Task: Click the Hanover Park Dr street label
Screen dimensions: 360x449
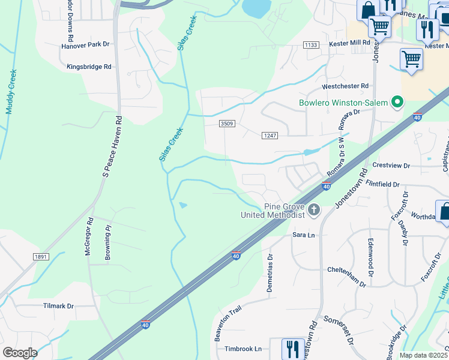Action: pyautogui.click(x=85, y=45)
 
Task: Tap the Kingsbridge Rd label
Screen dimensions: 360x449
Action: pyautogui.click(x=89, y=67)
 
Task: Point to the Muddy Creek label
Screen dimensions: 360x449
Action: pyautogui.click(x=11, y=92)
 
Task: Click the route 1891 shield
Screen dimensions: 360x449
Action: pyautogui.click(x=41, y=257)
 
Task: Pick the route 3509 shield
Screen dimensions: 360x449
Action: pyautogui.click(x=226, y=124)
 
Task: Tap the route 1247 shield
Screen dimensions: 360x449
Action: pyautogui.click(x=270, y=136)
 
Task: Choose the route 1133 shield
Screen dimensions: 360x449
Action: pyautogui.click(x=310, y=45)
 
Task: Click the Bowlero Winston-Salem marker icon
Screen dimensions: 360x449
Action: pyautogui.click(x=396, y=103)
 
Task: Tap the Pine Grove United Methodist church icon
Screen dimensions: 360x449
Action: pyautogui.click(x=315, y=211)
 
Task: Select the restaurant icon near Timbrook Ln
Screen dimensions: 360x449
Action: pyautogui.click(x=292, y=347)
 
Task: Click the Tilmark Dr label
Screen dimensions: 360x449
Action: pyautogui.click(x=58, y=306)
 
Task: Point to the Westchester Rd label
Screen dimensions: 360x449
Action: pyautogui.click(x=345, y=86)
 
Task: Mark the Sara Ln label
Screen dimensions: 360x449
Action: pyautogui.click(x=304, y=235)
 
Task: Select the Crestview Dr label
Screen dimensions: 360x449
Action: pyautogui.click(x=391, y=166)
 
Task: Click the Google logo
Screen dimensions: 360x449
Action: pyautogui.click(x=20, y=353)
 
